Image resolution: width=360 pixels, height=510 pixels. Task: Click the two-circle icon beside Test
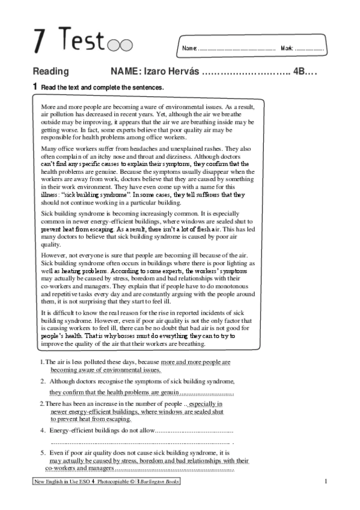pyautogui.click(x=123, y=45)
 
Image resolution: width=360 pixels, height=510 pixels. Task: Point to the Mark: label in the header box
pyautogui.click(x=287, y=48)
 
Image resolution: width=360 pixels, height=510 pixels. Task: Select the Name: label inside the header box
pyautogui.click(x=189, y=48)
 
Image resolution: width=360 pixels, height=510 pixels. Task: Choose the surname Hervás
pyautogui.click(x=180, y=71)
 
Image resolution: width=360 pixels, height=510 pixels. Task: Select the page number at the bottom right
pyautogui.click(x=325, y=482)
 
